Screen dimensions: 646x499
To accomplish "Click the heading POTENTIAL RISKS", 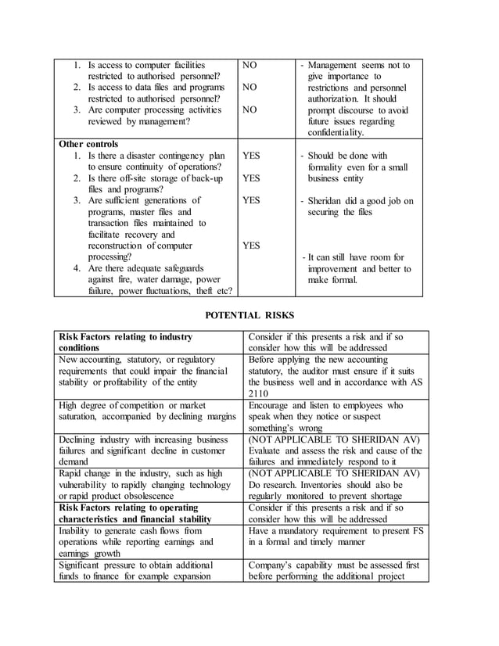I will (x=249, y=315).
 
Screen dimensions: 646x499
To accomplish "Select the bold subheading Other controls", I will (x=89, y=144).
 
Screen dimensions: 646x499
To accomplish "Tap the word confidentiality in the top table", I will (x=336, y=133).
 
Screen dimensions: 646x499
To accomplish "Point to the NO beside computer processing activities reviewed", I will (x=249, y=110).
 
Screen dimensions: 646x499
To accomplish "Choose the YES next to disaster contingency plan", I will (x=251, y=156).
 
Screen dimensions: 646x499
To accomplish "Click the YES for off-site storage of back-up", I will (x=251, y=178).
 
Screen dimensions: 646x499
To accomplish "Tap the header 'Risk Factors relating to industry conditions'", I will (x=125, y=342).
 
